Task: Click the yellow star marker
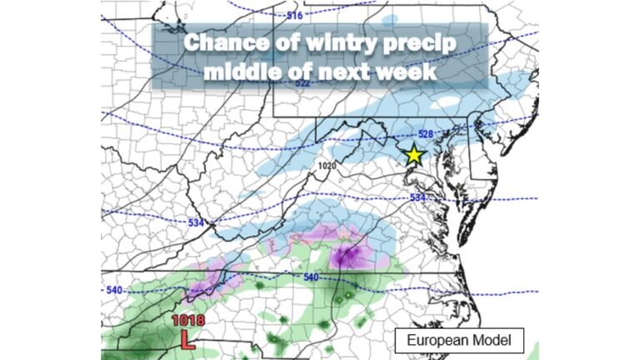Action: [413, 154]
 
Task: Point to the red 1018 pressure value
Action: [187, 320]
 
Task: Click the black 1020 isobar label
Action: [326, 166]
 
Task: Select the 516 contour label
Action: [294, 15]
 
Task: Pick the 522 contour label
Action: [302, 83]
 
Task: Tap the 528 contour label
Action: [426, 134]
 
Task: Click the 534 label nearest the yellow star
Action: [419, 197]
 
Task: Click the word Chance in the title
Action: [218, 42]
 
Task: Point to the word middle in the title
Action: [235, 71]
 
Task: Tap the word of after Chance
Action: [267, 42]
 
